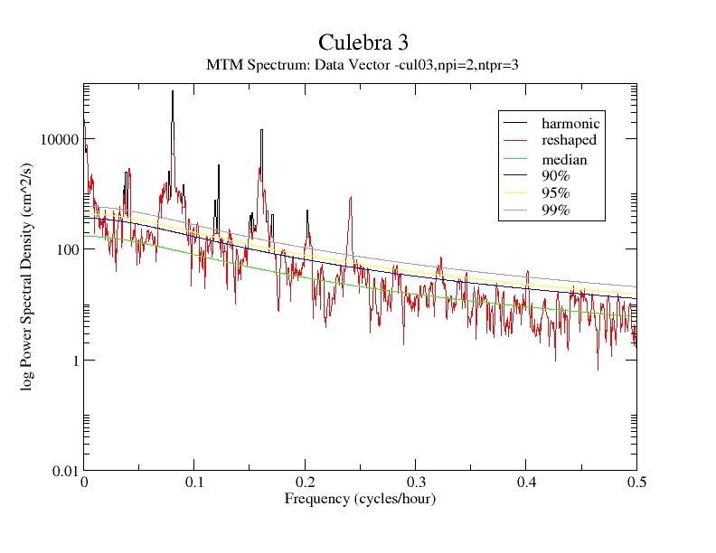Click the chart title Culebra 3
(357, 42)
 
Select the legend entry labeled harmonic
(570, 123)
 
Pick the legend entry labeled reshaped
(569, 140)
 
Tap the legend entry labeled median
(564, 160)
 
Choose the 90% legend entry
(556, 176)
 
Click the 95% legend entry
(556, 193)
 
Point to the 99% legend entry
(556, 211)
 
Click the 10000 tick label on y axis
(57, 139)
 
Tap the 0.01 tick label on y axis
(61, 471)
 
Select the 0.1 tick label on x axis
(194, 483)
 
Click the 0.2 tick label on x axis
(306, 483)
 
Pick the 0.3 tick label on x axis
(416, 483)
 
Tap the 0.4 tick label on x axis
(527, 483)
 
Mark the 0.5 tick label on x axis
(636, 483)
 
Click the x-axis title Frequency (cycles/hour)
(360, 499)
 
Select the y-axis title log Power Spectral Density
(29, 277)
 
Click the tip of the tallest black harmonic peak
(172, 91)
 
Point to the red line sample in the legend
(516, 140)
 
